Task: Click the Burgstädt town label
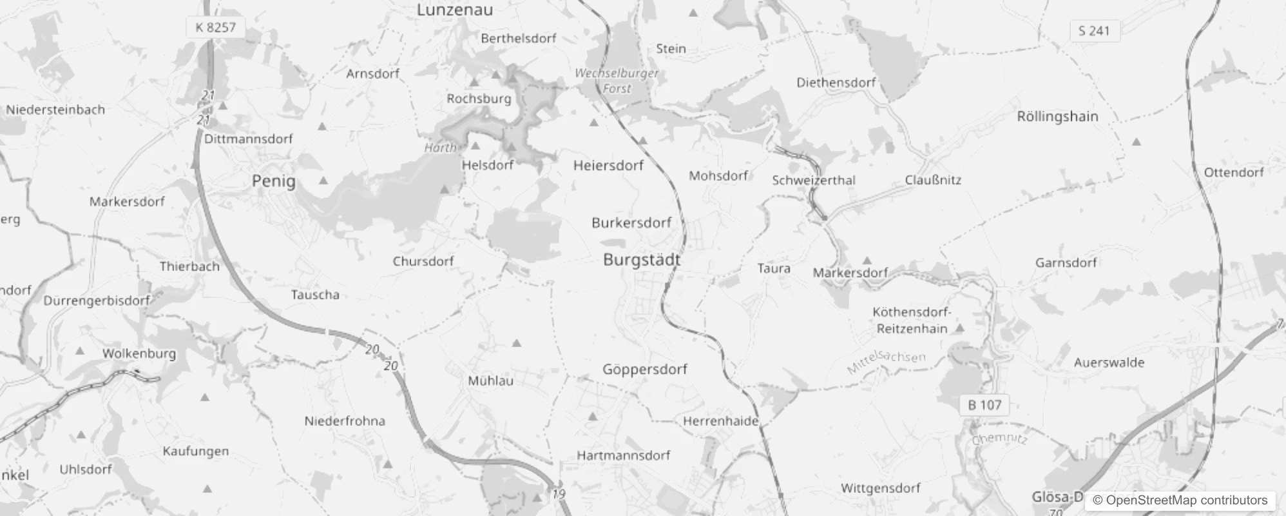[641, 260]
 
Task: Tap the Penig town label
[274, 181]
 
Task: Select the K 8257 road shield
[216, 27]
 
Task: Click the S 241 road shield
[1094, 30]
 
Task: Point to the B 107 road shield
[984, 405]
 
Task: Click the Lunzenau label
[455, 10]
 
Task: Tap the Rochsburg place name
[479, 99]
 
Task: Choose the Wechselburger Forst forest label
[617, 81]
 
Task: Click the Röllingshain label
[1057, 117]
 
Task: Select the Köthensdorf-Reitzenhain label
[912, 321]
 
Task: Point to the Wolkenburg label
[139, 353]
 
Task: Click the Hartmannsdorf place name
[623, 455]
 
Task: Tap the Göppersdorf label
[644, 370]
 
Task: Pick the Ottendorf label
[1234, 172]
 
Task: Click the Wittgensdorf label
[880, 488]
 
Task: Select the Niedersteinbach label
[55, 110]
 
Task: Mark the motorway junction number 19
[559, 494]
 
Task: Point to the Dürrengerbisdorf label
[97, 301]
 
